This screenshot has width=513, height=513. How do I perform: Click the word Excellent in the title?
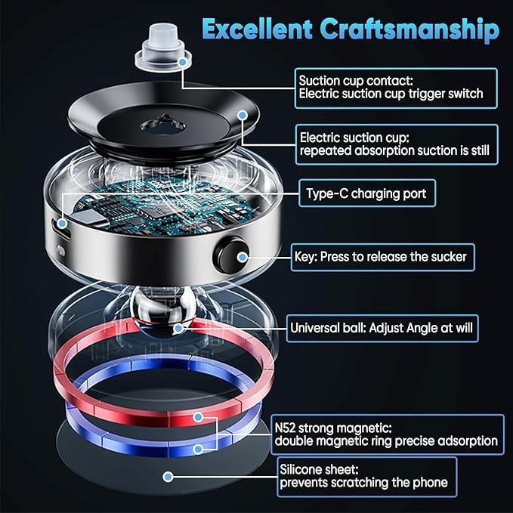257,29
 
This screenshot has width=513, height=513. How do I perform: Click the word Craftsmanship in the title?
409,30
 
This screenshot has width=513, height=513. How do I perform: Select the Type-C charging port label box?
367,193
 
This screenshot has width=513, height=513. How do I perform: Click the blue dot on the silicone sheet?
168,476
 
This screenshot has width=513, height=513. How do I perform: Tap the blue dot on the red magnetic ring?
198,417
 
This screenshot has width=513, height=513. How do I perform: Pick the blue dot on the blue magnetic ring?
198,450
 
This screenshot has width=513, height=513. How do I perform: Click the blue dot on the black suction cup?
243,115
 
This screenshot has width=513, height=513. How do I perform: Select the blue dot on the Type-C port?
62,224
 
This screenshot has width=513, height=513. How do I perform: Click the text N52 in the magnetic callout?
285,428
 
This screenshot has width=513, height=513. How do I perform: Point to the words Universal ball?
328,328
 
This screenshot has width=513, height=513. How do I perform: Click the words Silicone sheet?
319,469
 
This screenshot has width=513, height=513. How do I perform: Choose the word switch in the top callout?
465,94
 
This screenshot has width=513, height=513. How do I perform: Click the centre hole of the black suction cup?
162,125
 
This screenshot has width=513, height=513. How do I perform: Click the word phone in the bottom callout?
430,483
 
